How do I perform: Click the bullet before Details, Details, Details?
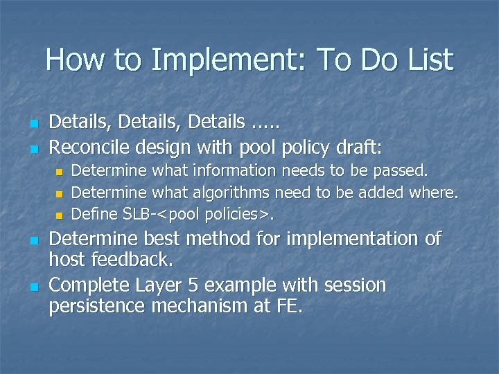click(33, 124)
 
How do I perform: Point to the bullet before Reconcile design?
click(33, 148)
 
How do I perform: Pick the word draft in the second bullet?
click(356, 146)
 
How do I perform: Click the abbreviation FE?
click(288, 307)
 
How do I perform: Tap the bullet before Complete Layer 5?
click(33, 286)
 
